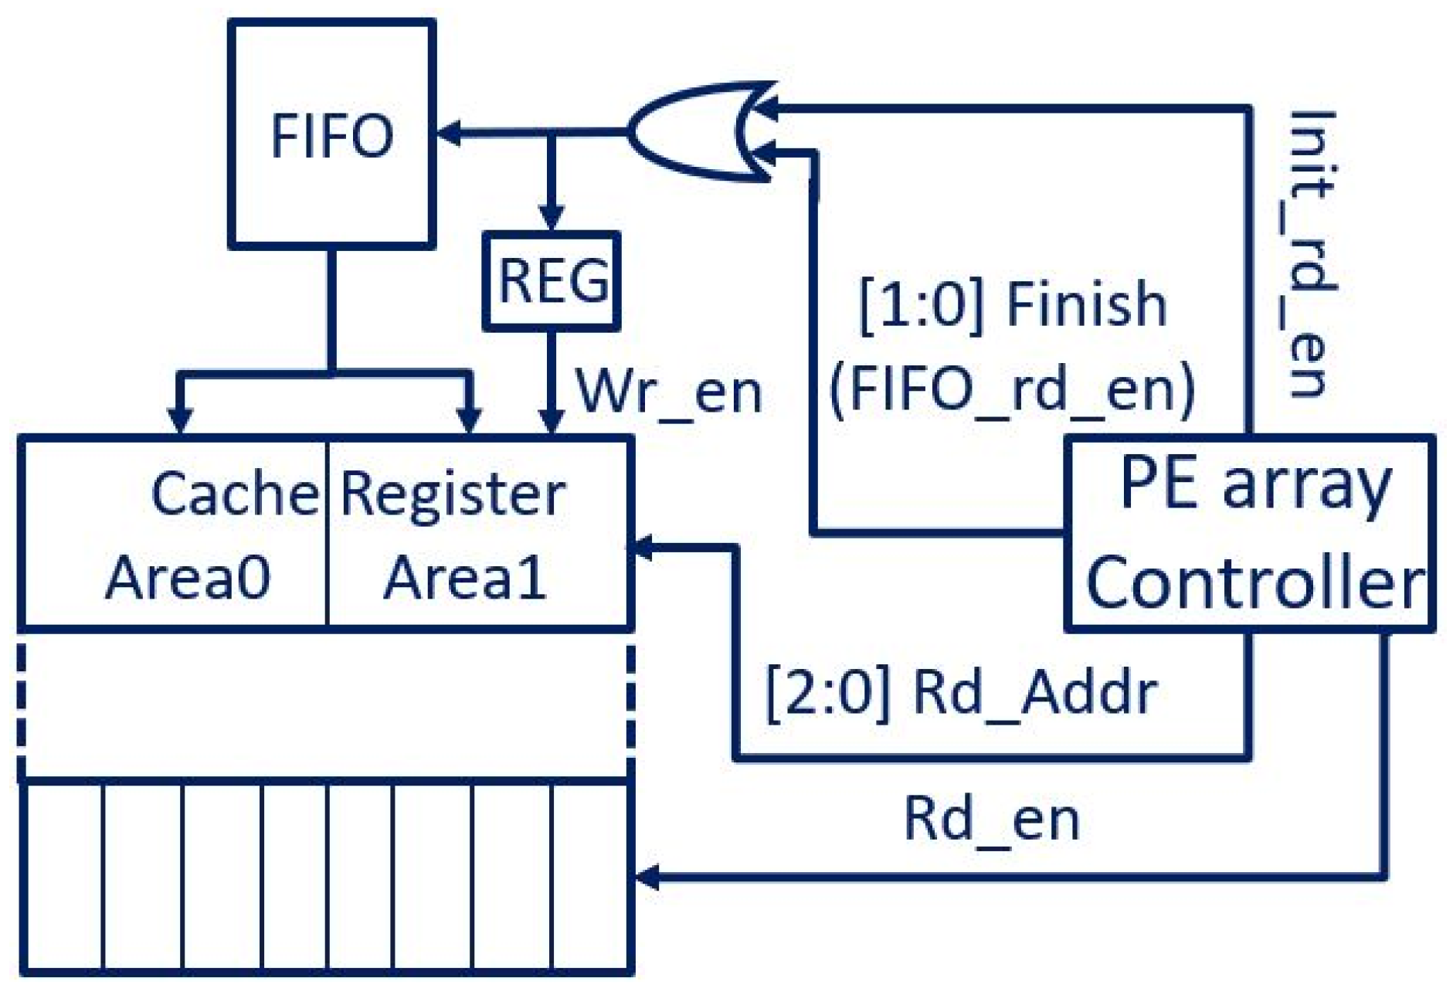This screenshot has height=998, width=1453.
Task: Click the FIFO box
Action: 332,134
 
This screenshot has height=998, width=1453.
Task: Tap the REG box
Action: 552,281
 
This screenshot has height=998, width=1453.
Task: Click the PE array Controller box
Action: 1249,534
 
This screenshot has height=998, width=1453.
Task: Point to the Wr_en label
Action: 669,392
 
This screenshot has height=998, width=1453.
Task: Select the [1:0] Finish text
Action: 1012,305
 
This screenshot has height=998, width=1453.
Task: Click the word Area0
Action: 188,578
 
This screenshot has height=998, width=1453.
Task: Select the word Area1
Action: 465,578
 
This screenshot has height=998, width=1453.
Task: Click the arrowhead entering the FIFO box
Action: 449,133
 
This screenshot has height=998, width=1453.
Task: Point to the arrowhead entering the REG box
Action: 552,218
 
